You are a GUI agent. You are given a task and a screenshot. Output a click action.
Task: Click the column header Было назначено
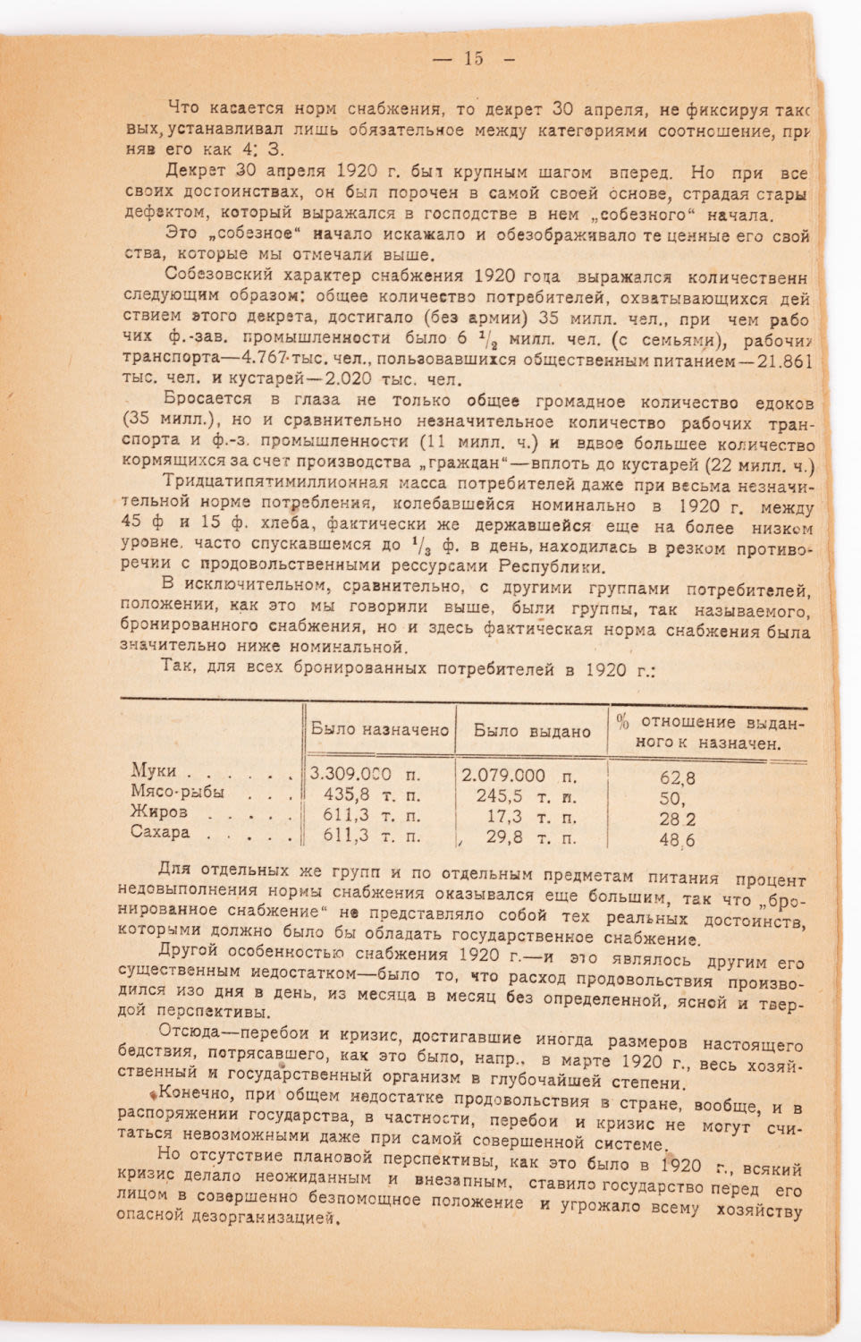pyautogui.click(x=379, y=729)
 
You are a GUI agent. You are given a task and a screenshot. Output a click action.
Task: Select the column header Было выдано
pyautogui.click(x=531, y=731)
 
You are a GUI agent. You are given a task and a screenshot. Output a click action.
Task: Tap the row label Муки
pyautogui.click(x=154, y=770)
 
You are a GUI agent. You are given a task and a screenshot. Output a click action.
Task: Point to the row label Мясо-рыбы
pyautogui.click(x=177, y=792)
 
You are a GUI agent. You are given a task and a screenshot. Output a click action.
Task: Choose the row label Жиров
pyautogui.click(x=158, y=812)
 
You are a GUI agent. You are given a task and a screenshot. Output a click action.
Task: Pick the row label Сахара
pyautogui.click(x=160, y=833)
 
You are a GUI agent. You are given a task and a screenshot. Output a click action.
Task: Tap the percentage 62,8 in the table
pyautogui.click(x=677, y=778)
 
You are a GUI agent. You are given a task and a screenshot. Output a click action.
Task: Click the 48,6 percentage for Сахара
pyautogui.click(x=677, y=840)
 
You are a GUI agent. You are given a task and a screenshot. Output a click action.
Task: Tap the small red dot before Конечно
pyautogui.click(x=153, y=1094)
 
